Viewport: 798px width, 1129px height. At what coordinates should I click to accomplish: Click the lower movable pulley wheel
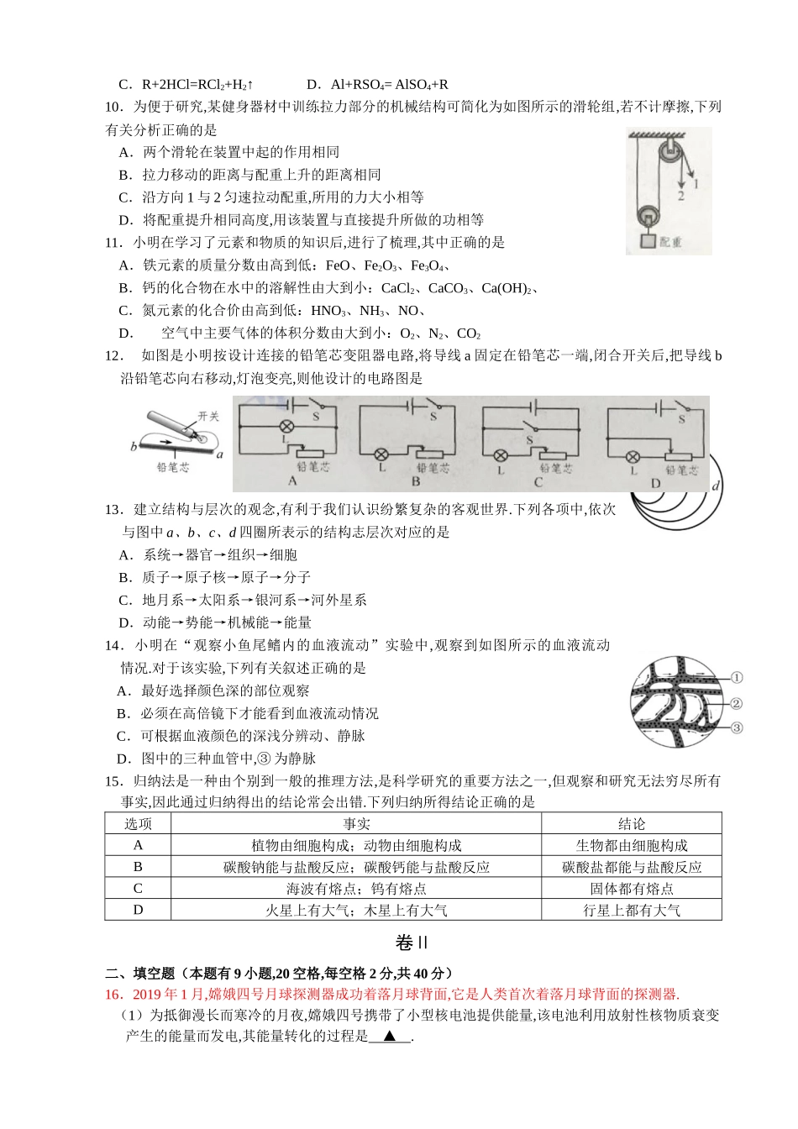[649, 214]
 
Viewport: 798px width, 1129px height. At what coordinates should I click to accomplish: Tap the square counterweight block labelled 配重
[648, 242]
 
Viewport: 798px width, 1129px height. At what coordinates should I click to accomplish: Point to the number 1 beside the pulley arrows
[696, 180]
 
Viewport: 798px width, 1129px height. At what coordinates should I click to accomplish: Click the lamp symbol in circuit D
[634, 456]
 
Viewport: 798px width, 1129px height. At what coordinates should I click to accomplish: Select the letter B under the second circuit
[415, 482]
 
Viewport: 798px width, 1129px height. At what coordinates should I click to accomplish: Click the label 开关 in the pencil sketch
[208, 416]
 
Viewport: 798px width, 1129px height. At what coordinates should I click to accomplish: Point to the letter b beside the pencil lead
[134, 447]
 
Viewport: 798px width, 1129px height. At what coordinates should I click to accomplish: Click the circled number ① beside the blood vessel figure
[736, 677]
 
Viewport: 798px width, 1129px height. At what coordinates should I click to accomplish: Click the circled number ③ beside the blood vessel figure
[736, 727]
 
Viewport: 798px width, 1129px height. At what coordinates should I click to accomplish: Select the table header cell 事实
[356, 824]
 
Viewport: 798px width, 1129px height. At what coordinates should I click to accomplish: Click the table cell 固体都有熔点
[631, 889]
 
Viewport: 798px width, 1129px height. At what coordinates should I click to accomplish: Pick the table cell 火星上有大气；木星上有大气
[356, 910]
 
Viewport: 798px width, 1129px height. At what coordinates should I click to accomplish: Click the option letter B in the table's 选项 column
[139, 867]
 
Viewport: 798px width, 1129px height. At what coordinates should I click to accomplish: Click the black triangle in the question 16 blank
[390, 1037]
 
